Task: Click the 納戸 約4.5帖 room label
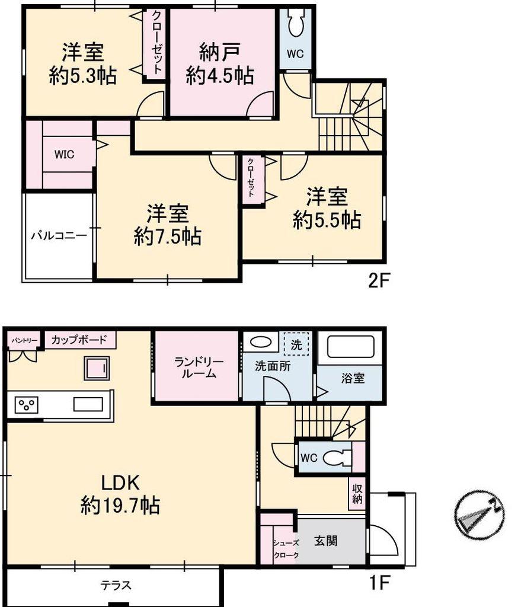click(x=219, y=64)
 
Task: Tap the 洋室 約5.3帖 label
click(x=83, y=64)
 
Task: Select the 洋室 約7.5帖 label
click(x=168, y=225)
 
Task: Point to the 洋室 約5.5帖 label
click(x=327, y=208)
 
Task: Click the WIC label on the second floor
click(x=64, y=155)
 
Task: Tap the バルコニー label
click(x=59, y=235)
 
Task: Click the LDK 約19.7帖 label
click(x=120, y=494)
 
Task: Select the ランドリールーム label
click(x=198, y=368)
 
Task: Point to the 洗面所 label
click(x=273, y=366)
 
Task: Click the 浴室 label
click(x=353, y=378)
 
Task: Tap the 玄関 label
click(x=325, y=541)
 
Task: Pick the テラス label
click(x=116, y=585)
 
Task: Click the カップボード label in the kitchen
click(x=79, y=340)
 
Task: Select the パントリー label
click(x=24, y=340)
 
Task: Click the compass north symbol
click(x=479, y=515)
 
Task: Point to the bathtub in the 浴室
click(x=351, y=346)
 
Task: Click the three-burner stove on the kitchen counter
click(x=26, y=405)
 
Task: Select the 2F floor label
click(x=378, y=280)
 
